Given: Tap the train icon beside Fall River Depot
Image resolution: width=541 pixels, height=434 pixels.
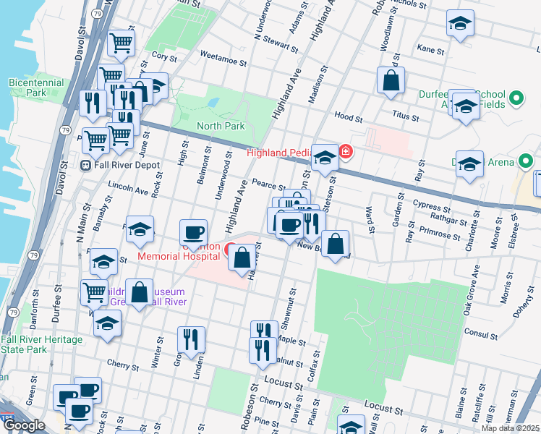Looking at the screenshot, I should [x=84, y=165].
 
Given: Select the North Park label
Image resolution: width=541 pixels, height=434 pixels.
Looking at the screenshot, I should [x=221, y=126].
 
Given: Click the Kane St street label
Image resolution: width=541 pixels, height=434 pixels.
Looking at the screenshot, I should [x=430, y=50].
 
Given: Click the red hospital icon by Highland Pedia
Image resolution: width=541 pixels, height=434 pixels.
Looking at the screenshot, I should [x=346, y=152].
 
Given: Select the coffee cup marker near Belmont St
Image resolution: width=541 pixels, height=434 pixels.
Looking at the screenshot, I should [x=193, y=232].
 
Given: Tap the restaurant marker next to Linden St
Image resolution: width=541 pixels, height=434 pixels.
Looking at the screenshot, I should [x=191, y=339].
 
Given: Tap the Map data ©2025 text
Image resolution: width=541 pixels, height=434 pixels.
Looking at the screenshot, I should [x=510, y=428].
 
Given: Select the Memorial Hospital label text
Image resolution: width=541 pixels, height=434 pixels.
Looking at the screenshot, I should [x=179, y=256].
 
